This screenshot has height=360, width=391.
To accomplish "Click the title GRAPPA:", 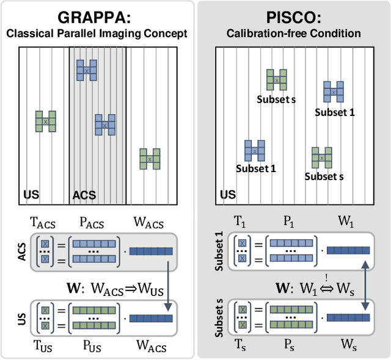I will pos(98,16).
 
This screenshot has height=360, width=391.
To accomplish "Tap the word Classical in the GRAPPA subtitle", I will pos(31,33).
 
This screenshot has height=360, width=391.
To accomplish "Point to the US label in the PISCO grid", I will pos(227,195).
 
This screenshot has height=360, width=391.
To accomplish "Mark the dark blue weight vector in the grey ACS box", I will pos(151,251).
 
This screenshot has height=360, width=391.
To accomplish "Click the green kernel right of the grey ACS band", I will pos(150,158).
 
